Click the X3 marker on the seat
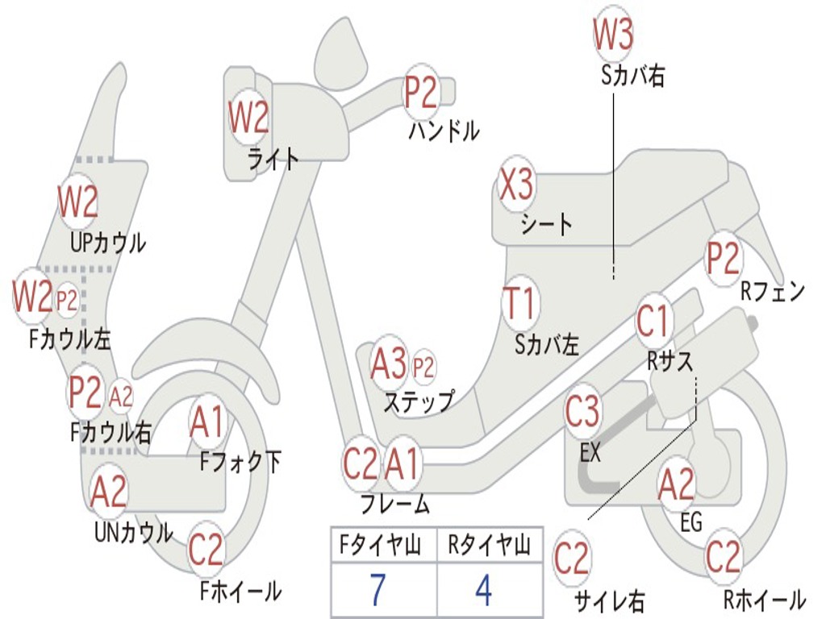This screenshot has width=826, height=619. point(516,186)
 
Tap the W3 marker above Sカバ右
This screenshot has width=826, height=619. point(613,34)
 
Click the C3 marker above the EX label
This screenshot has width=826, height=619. point(582,412)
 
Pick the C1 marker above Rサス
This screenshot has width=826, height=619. point(653,322)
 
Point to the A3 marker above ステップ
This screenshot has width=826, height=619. point(390,365)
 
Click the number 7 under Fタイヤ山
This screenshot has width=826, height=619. point(378,590)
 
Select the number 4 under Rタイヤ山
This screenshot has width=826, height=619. point(483,590)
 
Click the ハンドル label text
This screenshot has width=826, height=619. point(444,131)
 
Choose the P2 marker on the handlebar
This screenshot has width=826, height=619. point(420,93)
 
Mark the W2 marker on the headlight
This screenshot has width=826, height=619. point(248,118)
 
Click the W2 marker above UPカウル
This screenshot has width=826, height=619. point(77,201)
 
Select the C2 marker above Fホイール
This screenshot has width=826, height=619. point(206,550)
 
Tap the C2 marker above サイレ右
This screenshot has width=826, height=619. point(572,559)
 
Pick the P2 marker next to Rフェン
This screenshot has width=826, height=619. point(723,259)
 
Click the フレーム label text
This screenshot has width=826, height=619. point(395,505)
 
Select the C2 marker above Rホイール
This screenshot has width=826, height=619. point(723,557)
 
